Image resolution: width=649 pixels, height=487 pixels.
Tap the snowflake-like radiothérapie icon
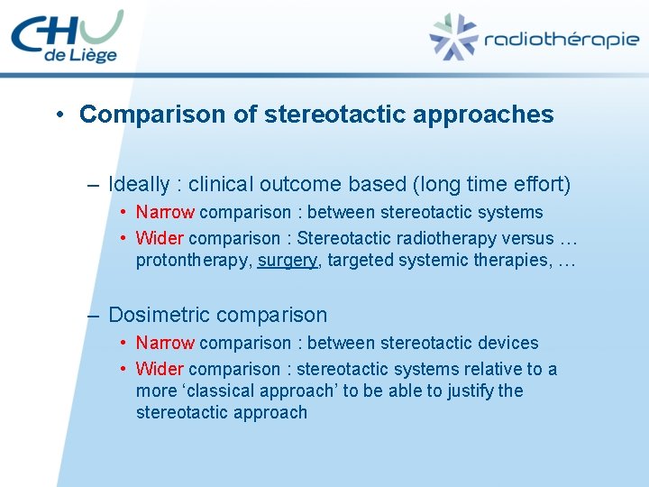tap(452, 38)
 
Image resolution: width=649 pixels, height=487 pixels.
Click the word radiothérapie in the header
tap(561, 40)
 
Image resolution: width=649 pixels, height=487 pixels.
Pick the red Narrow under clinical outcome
tap(165, 213)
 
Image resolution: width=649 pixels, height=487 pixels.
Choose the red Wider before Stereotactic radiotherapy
tap(160, 239)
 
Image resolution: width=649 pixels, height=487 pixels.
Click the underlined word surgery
tap(287, 261)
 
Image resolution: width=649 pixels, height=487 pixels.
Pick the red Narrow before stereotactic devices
tap(165, 344)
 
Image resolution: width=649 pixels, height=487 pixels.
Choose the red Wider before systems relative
tap(160, 369)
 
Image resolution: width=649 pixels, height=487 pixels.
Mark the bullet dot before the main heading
tap(58, 115)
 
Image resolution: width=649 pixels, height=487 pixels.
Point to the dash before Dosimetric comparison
tap(93, 316)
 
